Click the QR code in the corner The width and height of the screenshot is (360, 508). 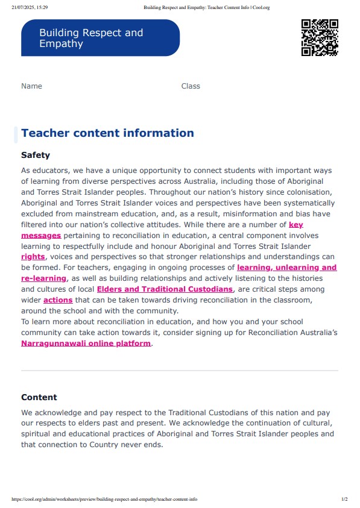click(319, 37)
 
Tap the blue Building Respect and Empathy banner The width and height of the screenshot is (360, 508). click(100, 38)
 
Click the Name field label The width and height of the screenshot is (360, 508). click(31, 86)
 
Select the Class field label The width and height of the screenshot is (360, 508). click(191, 86)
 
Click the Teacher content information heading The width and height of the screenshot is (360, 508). click(107, 133)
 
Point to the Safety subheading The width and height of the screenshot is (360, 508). click(36, 155)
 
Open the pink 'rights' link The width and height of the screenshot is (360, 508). click(33, 257)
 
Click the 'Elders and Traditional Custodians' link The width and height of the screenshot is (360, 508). click(165, 289)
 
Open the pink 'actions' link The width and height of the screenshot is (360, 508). click(58, 300)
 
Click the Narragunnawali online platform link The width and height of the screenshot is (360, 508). click(86, 343)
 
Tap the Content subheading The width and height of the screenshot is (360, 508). click(39, 397)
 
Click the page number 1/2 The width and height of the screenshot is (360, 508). click(344, 500)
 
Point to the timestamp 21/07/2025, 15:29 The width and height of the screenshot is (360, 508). click(31, 7)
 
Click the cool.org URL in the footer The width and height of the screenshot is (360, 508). click(104, 500)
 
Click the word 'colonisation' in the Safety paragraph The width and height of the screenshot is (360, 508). click(310, 192)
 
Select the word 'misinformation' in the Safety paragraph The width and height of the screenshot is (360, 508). click(257, 213)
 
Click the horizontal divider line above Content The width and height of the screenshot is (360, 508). click(180, 370)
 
